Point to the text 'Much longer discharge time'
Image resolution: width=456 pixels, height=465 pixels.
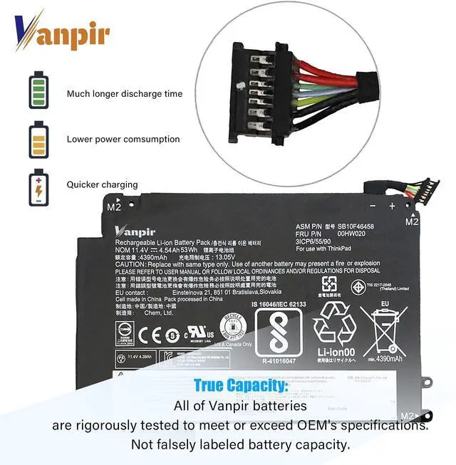125,93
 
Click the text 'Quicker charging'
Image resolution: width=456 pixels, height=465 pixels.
102,184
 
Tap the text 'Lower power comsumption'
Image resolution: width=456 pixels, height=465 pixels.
123,139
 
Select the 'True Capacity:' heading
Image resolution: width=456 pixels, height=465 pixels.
241,386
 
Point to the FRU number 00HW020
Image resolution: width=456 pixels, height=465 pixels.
352,234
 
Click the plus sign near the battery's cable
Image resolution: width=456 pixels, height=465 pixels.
392,205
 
